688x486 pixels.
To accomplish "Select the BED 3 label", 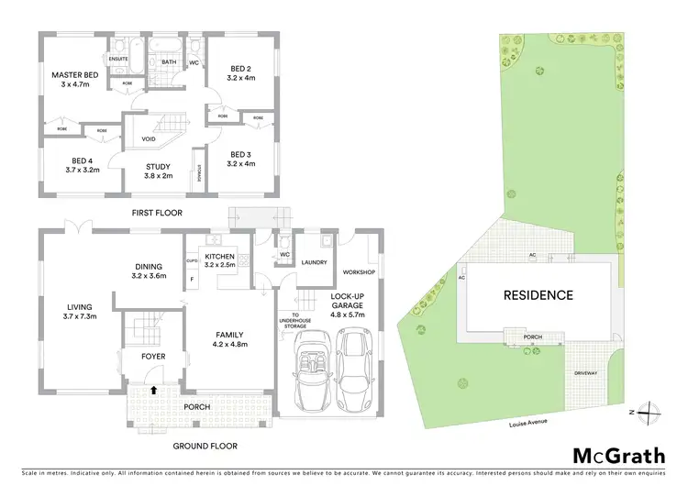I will click(241, 154).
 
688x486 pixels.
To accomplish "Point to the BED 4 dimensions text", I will click(75, 169).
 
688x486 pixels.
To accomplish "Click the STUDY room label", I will click(159, 166).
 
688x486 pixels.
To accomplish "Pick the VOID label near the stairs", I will click(149, 139).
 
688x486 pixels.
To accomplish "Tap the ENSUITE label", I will click(119, 59).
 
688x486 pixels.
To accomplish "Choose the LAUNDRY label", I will click(315, 262).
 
